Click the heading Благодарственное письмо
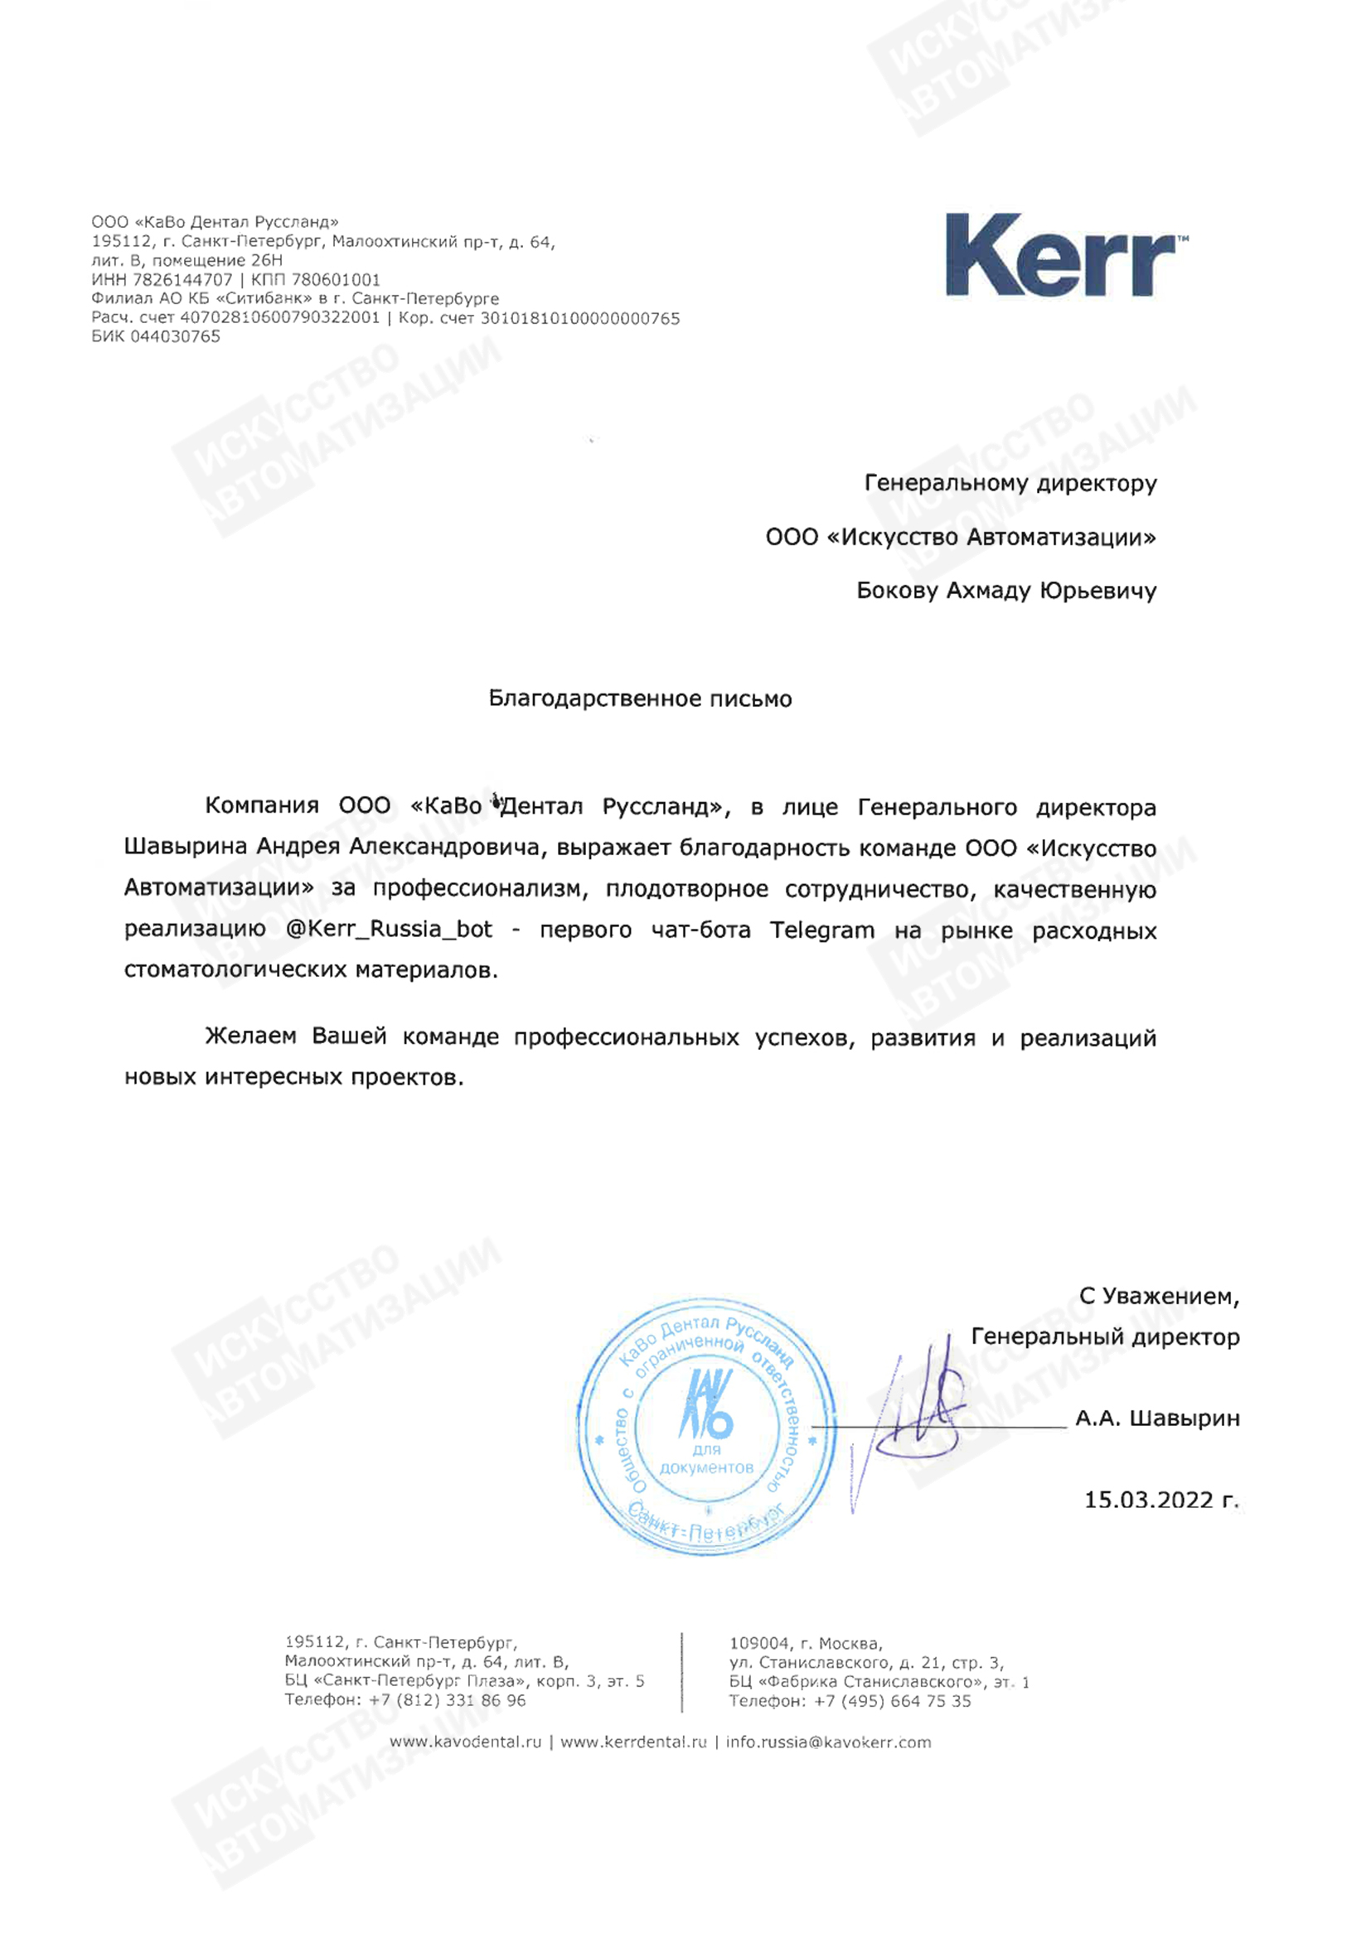(x=640, y=699)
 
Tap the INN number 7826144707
(x=182, y=279)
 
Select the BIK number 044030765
(x=175, y=336)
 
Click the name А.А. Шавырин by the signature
(x=1157, y=1418)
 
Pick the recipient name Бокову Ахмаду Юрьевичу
(x=1005, y=591)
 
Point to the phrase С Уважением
(x=1158, y=1296)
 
